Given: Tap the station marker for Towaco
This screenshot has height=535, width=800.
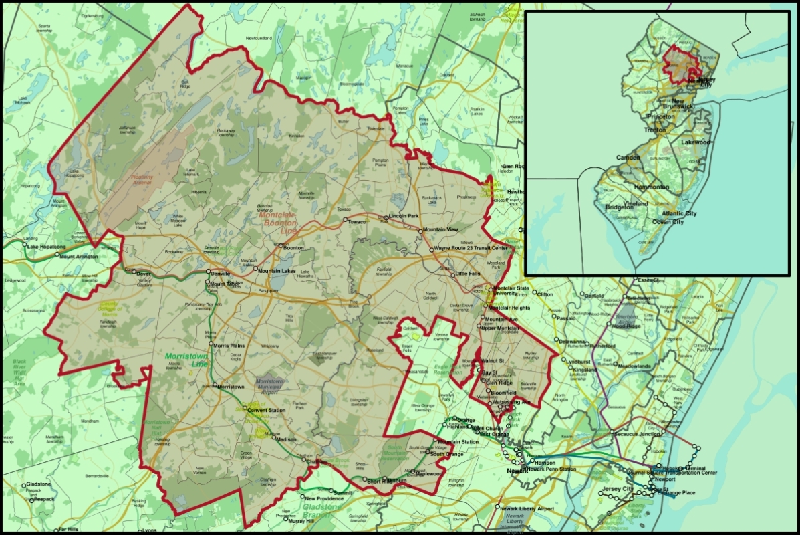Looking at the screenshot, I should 346,220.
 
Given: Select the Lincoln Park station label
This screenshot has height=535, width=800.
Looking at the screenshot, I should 404,216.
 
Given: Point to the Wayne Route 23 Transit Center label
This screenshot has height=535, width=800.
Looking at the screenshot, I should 471,248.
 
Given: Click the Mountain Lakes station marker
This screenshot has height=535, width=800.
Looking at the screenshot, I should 255,270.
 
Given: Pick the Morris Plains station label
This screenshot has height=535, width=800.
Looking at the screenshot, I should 231,346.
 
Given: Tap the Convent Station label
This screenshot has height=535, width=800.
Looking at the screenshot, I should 267,409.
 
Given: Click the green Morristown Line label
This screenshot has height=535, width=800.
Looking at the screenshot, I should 186,360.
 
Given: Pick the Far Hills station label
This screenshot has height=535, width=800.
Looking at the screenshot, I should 68,529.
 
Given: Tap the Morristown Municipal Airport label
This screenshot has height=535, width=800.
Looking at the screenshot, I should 270,384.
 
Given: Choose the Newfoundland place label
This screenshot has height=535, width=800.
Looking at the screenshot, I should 259,39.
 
